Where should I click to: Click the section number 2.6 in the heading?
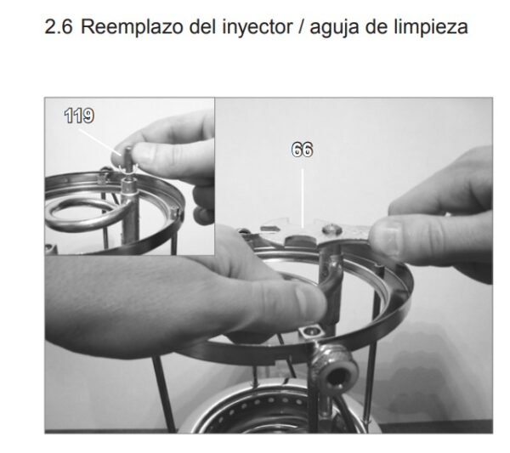[x=59, y=26]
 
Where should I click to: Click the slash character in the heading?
[x=301, y=27]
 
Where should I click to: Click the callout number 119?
[x=79, y=116]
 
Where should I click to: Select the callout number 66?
[x=302, y=150]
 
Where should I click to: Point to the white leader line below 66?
[x=303, y=198]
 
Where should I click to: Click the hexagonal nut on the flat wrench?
[x=331, y=230]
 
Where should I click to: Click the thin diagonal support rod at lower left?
[x=165, y=394]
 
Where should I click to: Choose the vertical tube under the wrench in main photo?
[x=330, y=286]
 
